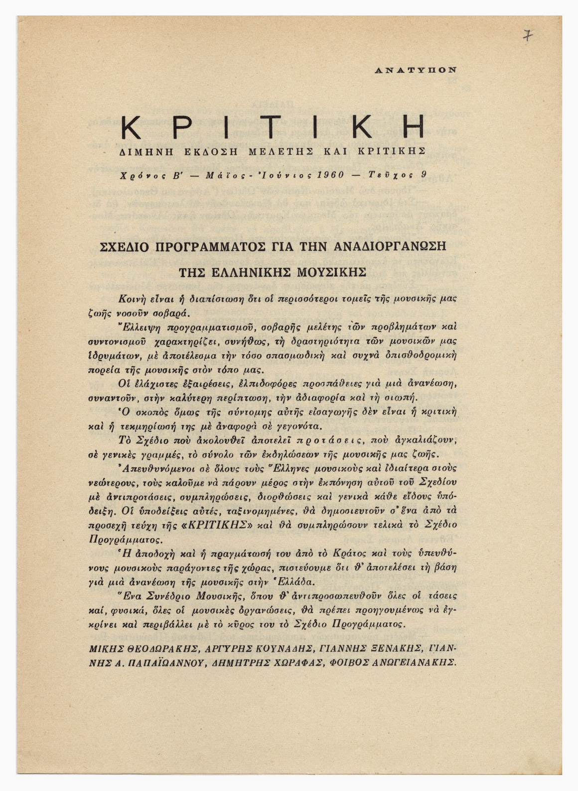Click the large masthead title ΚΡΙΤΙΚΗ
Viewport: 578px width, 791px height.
(x=273, y=127)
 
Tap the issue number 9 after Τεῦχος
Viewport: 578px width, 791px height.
(x=423, y=175)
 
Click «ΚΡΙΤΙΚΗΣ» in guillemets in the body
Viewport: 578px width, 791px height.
(x=224, y=525)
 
